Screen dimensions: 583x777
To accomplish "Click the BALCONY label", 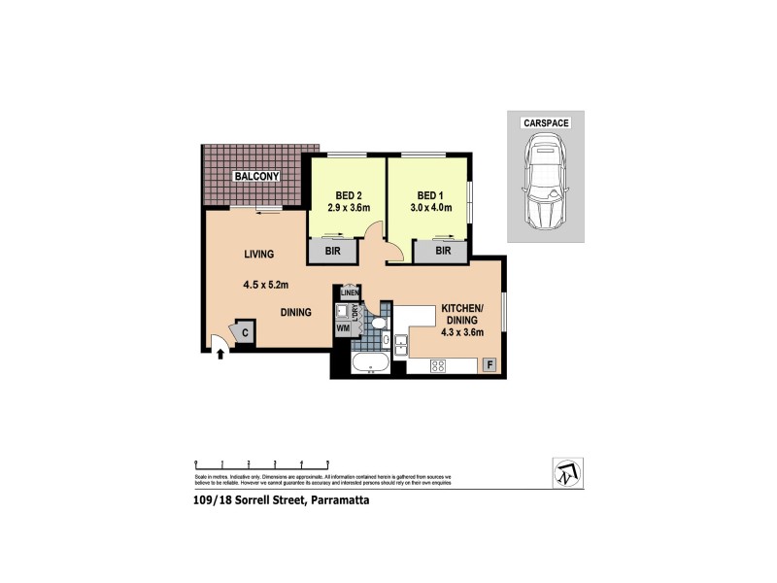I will coord(254,176).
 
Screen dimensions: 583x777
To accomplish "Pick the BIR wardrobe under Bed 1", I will coord(443,251).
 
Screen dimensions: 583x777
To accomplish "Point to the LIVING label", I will coord(258,254).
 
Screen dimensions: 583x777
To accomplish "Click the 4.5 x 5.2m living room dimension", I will coord(267,285).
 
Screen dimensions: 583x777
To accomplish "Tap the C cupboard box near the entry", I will coord(245,333).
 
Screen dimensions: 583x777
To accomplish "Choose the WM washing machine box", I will coord(342,329).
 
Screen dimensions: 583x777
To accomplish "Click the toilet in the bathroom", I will coord(379,322).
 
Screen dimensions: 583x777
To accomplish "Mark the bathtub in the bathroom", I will coord(369,365).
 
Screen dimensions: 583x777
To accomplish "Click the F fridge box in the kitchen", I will coord(490,365).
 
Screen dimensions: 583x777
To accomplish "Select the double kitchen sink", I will coord(400,341).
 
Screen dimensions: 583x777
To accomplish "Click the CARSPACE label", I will coord(545,123).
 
